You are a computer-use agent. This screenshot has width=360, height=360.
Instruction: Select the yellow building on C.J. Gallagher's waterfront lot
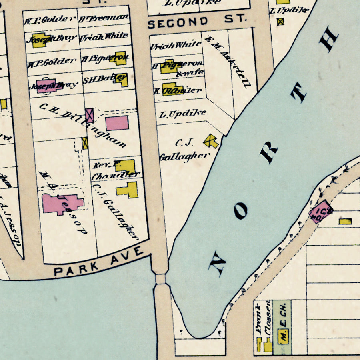(x=211, y=141)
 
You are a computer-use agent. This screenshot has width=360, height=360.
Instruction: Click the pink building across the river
(x=321, y=211)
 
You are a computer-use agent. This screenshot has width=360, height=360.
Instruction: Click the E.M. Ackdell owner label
(x=228, y=62)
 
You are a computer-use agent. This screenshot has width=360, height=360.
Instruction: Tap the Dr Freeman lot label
(x=104, y=18)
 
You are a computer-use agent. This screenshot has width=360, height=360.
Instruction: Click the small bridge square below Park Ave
(x=160, y=279)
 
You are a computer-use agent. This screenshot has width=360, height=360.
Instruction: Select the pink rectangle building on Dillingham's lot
(x=118, y=123)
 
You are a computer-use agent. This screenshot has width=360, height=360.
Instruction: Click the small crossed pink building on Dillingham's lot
(x=90, y=116)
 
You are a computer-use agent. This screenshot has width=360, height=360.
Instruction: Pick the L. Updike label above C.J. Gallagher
(x=182, y=114)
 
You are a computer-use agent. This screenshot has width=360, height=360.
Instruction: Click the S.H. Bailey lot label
(x=100, y=79)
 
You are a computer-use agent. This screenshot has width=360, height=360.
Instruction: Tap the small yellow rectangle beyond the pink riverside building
(x=345, y=221)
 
